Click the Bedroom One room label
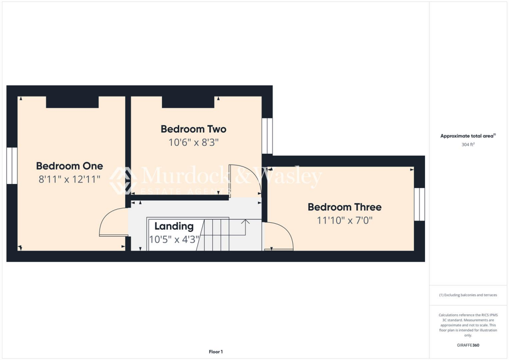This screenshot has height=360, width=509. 70,166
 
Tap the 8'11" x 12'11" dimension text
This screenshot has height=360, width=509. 70,180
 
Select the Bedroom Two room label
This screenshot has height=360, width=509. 193,129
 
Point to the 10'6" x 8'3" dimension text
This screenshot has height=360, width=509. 193,143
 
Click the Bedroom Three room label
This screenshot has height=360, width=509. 344,207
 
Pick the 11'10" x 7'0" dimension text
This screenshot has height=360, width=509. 344,220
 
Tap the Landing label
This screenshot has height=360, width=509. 173,226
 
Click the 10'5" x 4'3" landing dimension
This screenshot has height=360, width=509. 174,239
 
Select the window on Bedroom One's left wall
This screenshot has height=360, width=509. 12,166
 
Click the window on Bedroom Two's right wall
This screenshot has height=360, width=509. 267,136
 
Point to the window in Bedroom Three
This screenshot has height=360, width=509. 420,204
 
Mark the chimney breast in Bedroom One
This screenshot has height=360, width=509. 72,102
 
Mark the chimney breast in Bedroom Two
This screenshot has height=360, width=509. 188,102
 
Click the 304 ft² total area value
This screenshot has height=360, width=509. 467,145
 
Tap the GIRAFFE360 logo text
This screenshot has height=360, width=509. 467,345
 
